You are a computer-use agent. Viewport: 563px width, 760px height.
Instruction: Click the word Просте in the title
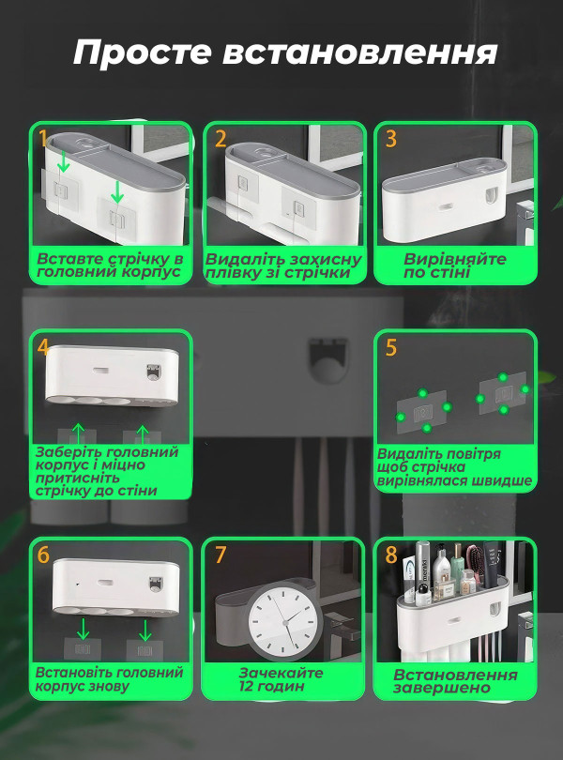(x=143, y=53)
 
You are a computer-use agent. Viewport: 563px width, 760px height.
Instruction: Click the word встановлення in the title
(x=359, y=53)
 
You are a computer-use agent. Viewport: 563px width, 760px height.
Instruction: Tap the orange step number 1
(x=44, y=139)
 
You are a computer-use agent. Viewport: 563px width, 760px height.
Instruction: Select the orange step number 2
(x=221, y=139)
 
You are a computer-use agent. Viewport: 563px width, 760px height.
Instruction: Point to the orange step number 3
(x=391, y=139)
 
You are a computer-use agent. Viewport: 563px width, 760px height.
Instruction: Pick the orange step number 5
(x=391, y=347)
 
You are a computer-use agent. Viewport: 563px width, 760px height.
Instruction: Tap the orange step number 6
(x=44, y=555)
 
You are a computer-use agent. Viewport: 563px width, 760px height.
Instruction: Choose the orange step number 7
(x=221, y=555)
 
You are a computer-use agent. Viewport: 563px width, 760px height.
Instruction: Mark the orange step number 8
(x=391, y=555)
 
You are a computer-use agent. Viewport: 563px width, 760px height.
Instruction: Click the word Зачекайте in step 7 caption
(x=281, y=673)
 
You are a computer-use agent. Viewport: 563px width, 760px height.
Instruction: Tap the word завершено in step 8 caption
(x=441, y=689)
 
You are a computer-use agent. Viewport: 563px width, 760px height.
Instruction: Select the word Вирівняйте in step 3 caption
(x=455, y=259)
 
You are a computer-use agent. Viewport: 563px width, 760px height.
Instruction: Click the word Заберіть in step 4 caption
(x=68, y=452)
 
